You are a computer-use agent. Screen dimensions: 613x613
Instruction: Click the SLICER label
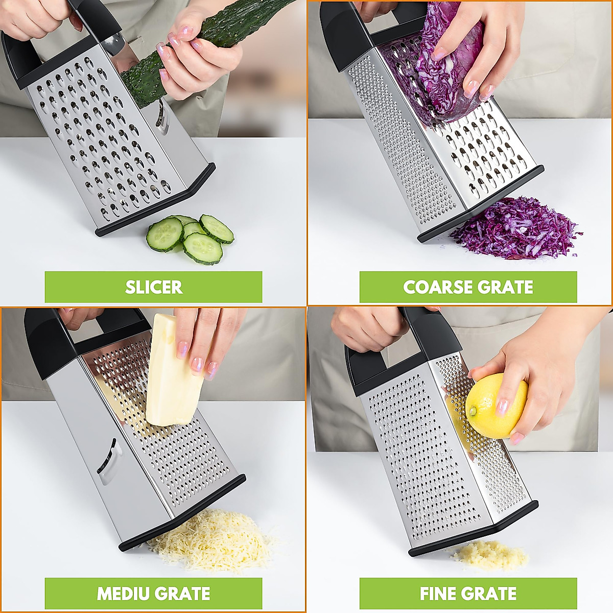click(x=153, y=287)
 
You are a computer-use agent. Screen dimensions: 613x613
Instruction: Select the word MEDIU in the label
click(x=124, y=594)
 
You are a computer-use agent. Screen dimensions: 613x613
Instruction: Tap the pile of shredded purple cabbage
click(x=516, y=227)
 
